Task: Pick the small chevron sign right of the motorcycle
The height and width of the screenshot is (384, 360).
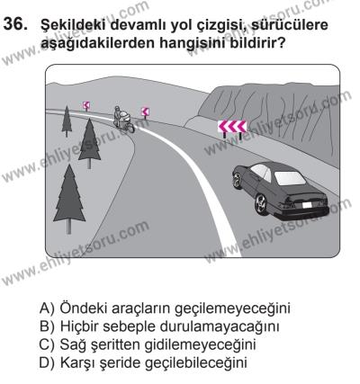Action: click(144, 111)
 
